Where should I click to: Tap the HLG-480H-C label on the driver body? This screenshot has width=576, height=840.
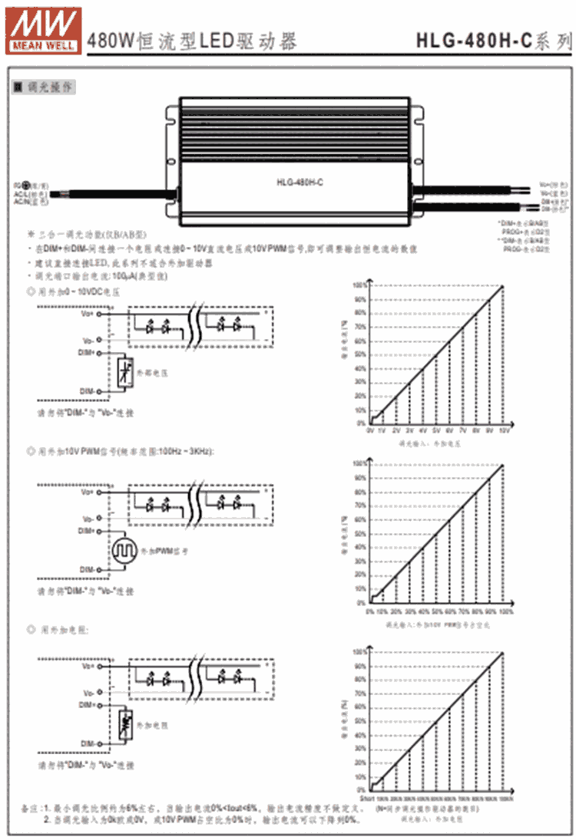pos(298,182)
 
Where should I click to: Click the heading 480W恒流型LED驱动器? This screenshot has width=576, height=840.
pos(192,41)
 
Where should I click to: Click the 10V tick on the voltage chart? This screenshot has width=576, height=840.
pos(504,432)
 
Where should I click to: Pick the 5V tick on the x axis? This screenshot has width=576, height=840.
pos(436,432)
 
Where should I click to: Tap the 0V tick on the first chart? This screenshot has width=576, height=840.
pos(370,432)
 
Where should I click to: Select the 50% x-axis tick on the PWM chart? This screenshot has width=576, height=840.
pos(437,611)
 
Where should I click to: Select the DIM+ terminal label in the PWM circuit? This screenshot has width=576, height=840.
pos(86,530)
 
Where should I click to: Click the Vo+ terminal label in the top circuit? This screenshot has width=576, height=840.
pos(88,313)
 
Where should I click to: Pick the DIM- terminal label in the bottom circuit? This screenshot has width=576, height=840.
pos(87,744)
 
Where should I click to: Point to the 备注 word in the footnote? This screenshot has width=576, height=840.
pos(29,809)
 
